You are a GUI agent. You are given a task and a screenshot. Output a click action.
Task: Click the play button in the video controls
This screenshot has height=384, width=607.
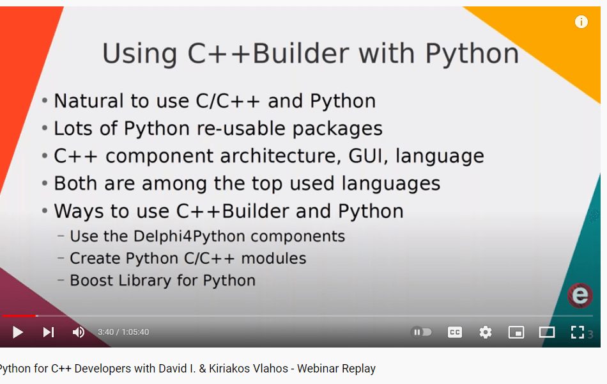pos(18,332)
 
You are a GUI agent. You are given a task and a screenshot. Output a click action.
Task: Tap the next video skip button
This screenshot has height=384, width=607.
pos(49,332)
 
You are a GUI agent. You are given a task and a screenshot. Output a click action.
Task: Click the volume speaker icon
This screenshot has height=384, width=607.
pos(79,332)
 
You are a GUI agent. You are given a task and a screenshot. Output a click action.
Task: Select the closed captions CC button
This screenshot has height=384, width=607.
pos(455,332)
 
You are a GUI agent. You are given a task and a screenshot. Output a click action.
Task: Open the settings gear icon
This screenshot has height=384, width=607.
pos(486,332)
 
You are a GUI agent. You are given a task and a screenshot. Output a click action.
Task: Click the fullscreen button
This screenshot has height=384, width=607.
pos(578,332)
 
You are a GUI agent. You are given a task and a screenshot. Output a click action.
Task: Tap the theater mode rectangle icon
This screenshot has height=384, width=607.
pos(547,332)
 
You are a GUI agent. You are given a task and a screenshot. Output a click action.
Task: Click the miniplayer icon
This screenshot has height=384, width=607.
pos(516,332)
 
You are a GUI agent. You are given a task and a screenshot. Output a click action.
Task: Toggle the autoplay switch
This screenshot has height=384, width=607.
pos(422,332)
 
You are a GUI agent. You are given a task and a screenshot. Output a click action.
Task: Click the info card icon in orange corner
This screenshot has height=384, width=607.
pos(581,22)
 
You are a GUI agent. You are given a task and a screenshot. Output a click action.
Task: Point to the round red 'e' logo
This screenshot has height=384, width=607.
pos(580,296)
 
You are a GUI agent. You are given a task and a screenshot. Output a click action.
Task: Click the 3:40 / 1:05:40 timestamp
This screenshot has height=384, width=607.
pos(123,332)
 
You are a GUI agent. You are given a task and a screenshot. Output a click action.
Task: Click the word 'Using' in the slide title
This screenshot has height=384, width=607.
pos(140,54)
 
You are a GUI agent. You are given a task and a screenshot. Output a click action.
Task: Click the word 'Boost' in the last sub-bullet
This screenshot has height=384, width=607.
pos(91,280)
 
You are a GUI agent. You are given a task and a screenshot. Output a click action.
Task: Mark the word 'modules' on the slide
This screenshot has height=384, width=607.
pos(273,259)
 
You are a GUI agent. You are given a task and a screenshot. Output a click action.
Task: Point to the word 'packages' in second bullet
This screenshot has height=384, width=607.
pos(337,129)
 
